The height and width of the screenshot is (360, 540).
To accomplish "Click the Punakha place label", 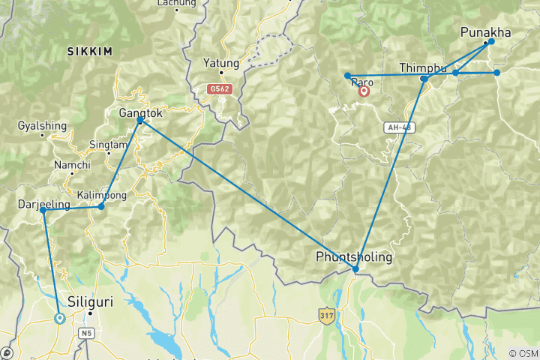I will (x=485, y=32).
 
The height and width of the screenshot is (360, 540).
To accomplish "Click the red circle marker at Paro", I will (x=364, y=92).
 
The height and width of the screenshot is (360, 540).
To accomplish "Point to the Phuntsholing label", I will (x=353, y=257).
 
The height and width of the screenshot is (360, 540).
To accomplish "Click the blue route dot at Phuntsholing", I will (x=355, y=269).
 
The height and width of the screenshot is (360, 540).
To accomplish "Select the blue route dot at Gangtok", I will (x=140, y=120).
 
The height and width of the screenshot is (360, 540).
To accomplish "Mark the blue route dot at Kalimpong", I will (x=101, y=205).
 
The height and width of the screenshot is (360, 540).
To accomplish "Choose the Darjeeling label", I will (x=43, y=204).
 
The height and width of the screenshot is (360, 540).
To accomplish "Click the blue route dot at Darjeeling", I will (x=43, y=211).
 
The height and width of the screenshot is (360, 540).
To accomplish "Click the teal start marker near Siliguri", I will (x=59, y=318).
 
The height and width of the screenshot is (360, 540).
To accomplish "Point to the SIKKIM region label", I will (x=89, y=52).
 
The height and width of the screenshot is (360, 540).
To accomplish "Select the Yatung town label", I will (x=221, y=63).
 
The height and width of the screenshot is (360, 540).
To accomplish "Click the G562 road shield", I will (x=219, y=89).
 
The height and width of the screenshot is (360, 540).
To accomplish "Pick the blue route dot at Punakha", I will (x=490, y=43).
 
